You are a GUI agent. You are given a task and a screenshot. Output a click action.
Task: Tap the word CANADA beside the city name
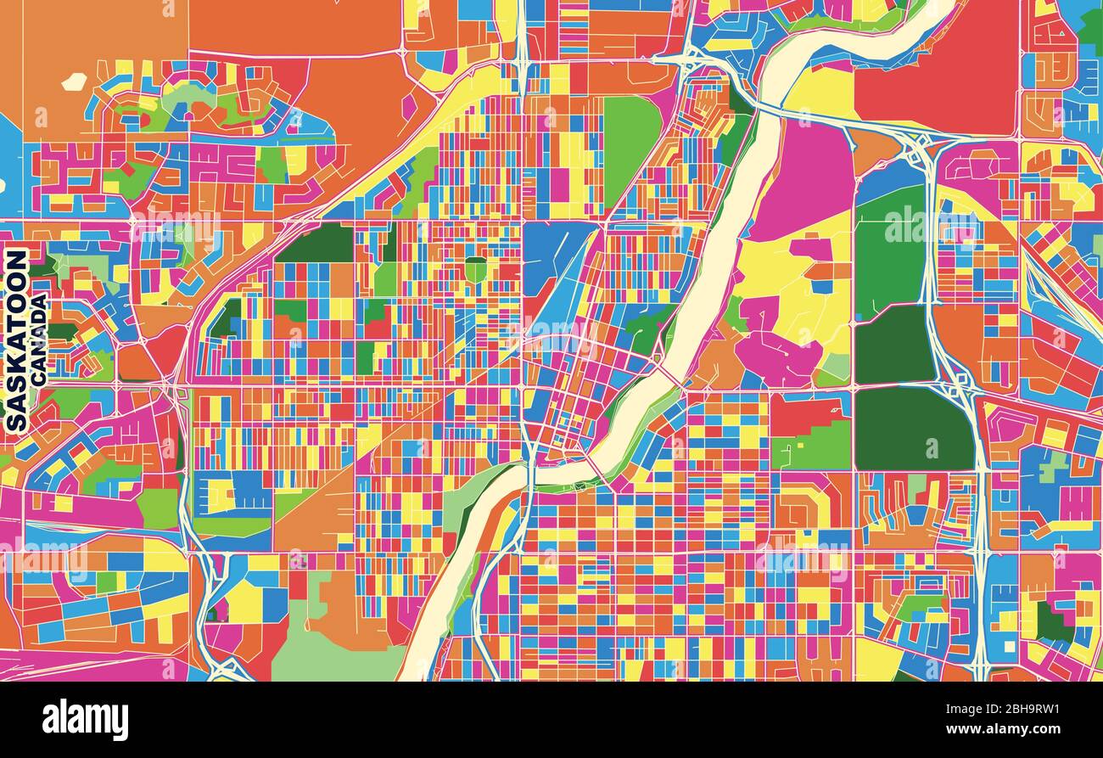pos(39,340)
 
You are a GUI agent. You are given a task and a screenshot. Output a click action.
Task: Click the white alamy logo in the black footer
pos(85,720)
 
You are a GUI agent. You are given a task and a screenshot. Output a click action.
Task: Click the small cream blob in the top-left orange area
pos(75,81)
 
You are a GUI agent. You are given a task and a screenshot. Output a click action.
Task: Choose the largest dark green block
pos(912,429)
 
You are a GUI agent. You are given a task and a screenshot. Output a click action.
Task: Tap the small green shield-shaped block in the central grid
pos(475,270)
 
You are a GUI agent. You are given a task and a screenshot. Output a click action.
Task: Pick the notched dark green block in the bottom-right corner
pos(1055,624)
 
